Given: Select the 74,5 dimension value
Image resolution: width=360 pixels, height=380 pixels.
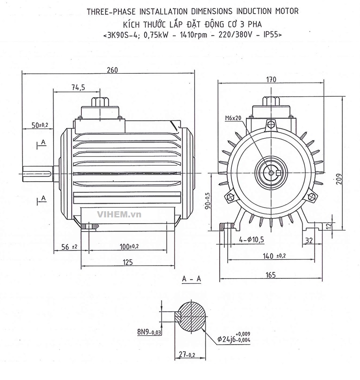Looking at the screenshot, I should tap(78, 88).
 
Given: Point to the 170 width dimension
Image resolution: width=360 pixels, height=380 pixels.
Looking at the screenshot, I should tap(271, 80).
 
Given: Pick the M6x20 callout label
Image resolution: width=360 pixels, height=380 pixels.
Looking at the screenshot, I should tap(233, 118).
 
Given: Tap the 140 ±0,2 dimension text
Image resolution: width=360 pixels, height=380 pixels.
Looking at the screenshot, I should tap(274, 255).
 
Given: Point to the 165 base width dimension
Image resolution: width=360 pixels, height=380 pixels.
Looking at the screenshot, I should tap(271, 275).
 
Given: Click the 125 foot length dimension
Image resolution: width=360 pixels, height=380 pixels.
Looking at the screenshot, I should tap(127, 262).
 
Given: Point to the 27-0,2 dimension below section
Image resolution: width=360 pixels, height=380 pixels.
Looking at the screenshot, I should tap(186, 354).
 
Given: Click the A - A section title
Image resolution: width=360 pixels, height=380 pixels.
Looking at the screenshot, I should tap(191, 279).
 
